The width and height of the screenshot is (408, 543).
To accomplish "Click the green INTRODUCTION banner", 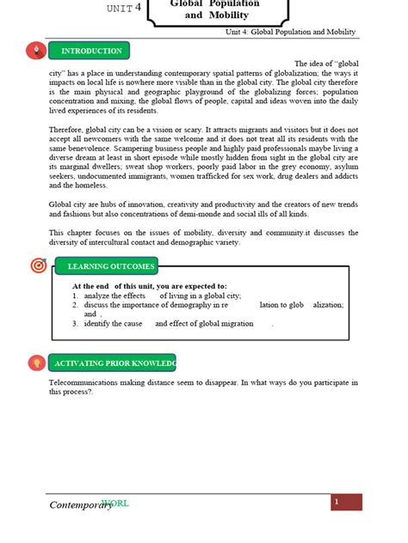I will [90, 51].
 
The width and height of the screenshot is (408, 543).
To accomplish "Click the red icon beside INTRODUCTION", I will [36, 51].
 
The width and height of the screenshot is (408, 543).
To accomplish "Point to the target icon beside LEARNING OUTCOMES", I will [38, 265].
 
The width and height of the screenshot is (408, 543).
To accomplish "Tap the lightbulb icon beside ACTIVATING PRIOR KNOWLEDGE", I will [36, 363].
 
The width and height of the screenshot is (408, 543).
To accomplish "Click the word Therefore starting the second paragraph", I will [68, 128].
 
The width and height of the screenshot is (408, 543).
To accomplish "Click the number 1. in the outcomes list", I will [76, 295].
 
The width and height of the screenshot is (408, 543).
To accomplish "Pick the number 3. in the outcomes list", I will [76, 324].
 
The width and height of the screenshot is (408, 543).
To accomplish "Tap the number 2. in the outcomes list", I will [76, 304].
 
